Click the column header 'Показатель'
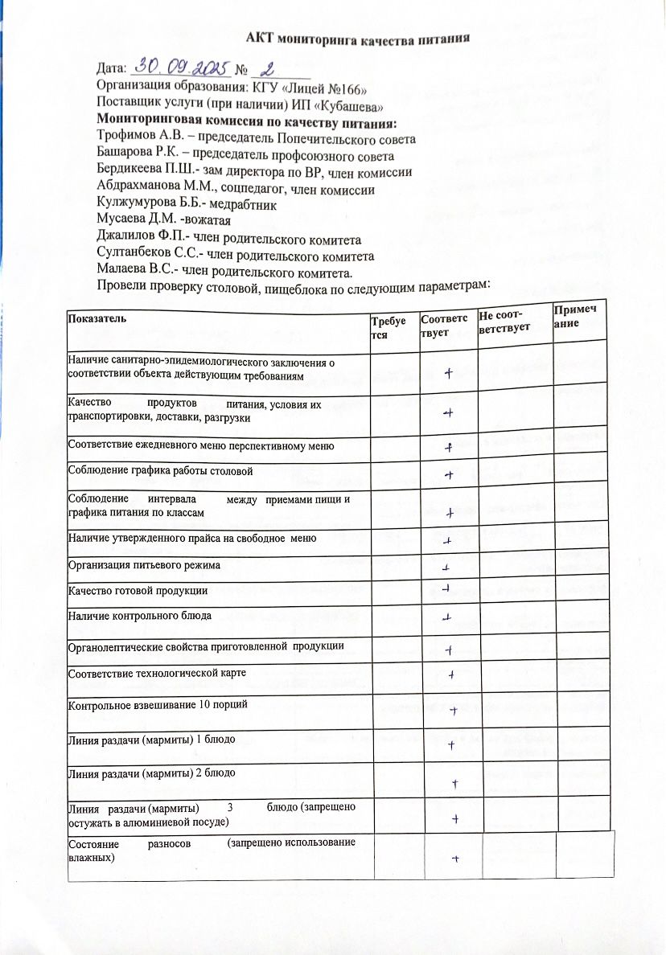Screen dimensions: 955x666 pos(92,319)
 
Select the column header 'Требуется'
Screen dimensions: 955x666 pos(384,326)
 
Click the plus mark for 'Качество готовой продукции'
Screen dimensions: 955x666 pos(445,588)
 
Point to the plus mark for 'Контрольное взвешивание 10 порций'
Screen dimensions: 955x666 pos(454,710)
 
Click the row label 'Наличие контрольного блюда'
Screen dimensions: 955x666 pos(140,617)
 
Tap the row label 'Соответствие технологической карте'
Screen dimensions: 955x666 pos(157,671)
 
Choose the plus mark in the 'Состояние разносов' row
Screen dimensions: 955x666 pos(455,859)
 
